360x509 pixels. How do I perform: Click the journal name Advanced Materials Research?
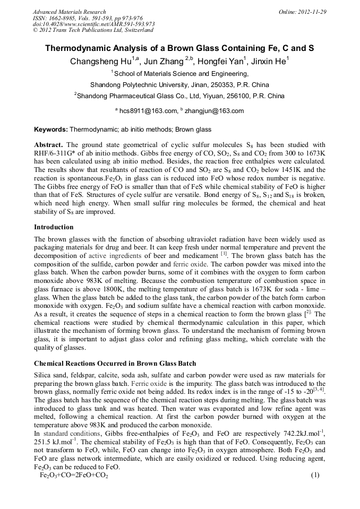coord(69,12)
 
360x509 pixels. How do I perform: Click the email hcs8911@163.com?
coord(148,111)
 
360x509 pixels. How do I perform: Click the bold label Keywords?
coord(51,130)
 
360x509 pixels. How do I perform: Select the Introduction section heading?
coord(54,227)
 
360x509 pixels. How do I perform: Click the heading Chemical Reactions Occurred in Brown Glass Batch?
coord(115,364)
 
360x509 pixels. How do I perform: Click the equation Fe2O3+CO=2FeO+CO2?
coord(74,475)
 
